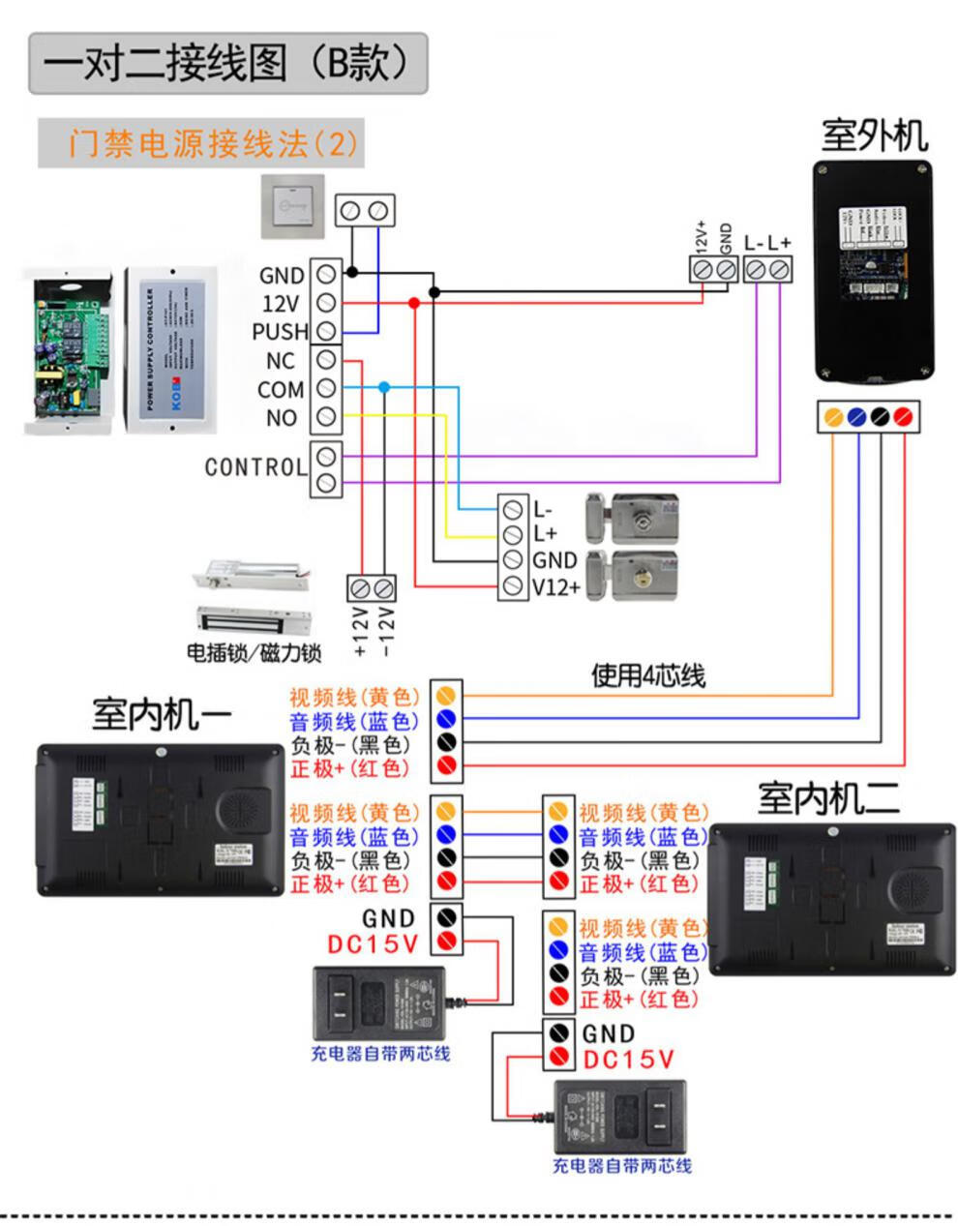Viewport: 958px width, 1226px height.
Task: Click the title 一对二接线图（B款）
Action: click(228, 63)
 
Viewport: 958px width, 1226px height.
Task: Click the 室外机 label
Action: click(874, 135)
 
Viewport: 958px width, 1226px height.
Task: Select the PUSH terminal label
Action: click(280, 332)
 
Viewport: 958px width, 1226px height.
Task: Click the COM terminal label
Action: click(281, 390)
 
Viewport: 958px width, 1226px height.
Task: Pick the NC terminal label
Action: click(281, 361)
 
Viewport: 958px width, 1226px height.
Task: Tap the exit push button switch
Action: click(294, 207)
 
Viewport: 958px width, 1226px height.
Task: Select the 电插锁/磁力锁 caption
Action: click(254, 653)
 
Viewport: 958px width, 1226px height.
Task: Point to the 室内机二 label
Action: click(828, 799)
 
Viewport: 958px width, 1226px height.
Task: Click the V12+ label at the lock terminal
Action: click(556, 587)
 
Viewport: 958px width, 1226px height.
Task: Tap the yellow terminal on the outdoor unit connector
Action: click(832, 417)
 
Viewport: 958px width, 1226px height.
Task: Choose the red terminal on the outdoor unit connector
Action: click(903, 417)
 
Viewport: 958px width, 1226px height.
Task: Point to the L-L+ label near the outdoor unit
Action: click(767, 243)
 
